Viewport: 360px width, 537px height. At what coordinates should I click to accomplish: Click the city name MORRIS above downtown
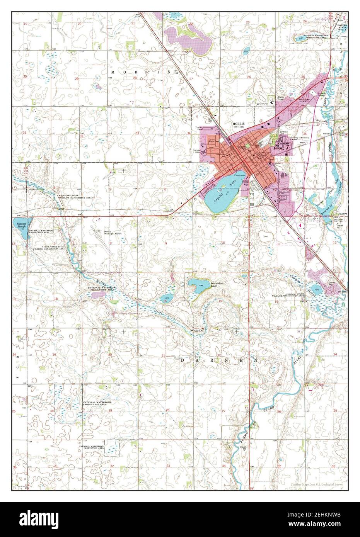237,124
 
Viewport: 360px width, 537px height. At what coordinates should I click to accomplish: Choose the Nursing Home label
197,151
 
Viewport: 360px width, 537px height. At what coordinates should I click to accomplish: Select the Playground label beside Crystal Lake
240,175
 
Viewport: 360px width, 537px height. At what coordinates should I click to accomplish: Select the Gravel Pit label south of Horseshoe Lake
199,331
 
